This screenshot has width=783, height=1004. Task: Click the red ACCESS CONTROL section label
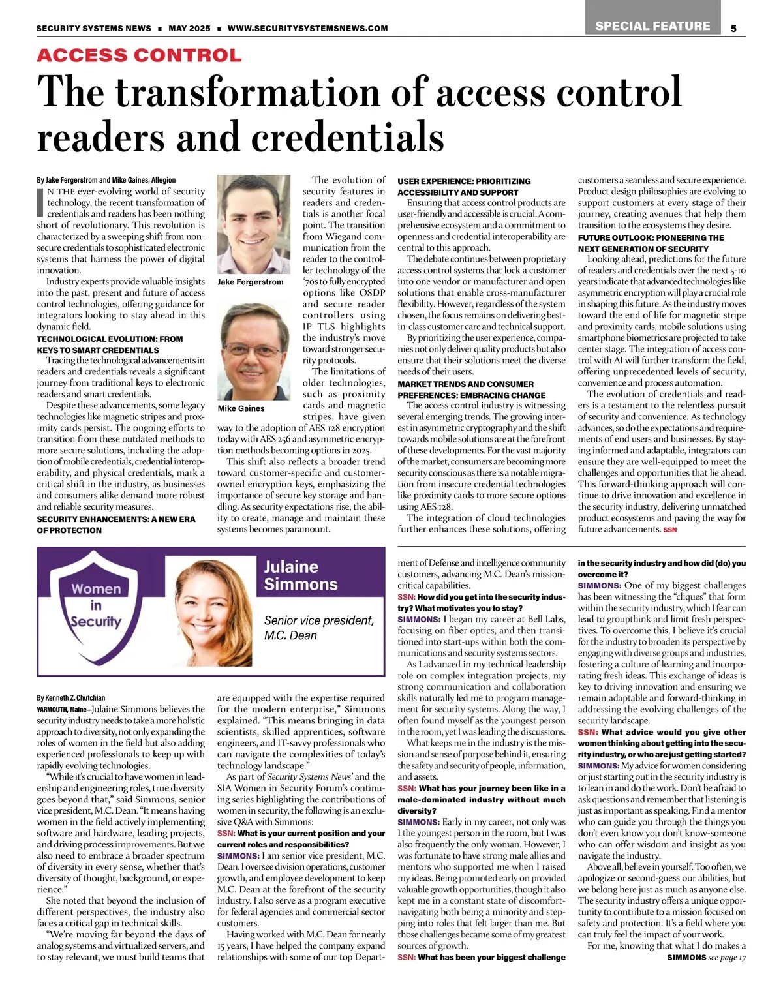139,55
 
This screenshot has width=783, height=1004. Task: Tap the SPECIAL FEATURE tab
652,26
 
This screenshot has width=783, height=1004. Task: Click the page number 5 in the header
734,28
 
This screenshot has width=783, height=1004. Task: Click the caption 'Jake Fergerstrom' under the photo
251,282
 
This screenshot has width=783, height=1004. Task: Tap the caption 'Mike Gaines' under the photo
241,408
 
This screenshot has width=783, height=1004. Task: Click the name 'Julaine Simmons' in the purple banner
301,575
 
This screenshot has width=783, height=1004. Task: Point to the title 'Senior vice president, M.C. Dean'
319,628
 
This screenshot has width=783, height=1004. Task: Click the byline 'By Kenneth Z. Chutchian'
71,697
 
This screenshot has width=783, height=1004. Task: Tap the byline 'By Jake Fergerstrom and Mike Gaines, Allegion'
106,180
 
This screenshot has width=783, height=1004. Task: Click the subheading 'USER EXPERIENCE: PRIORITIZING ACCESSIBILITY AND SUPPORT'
464,187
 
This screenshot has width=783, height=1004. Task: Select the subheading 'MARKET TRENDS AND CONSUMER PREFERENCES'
472,389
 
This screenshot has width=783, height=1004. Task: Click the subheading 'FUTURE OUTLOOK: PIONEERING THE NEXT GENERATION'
651,243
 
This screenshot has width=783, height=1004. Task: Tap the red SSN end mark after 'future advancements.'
670,530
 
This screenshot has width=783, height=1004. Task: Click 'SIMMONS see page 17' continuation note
707,957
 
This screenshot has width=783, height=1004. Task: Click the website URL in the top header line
307,28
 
